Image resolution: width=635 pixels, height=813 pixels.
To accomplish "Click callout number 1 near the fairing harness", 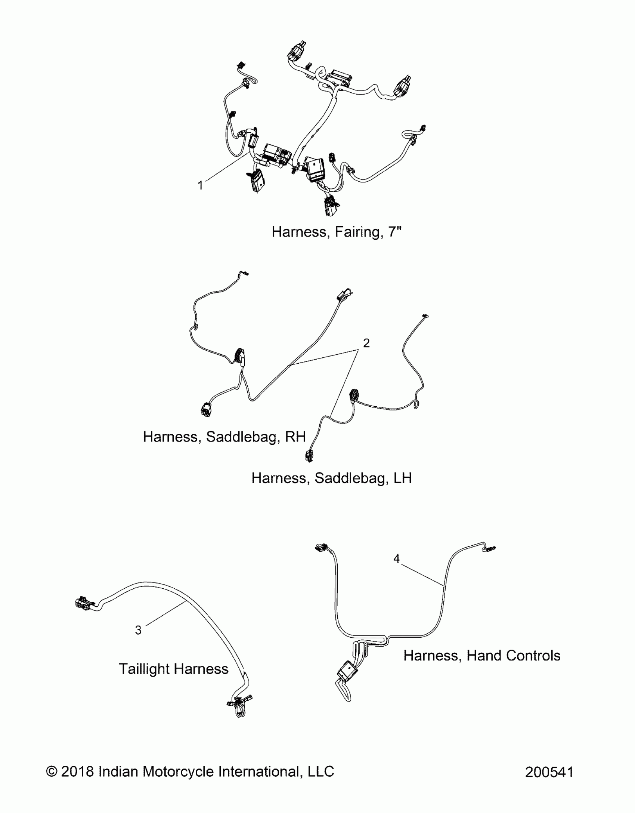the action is [201, 185].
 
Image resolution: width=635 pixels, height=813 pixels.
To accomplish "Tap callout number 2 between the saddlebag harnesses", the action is [366, 343].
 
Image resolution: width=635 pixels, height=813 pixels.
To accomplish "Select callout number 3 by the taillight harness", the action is [138, 630].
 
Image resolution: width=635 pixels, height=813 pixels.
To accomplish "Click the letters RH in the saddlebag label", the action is [295, 437].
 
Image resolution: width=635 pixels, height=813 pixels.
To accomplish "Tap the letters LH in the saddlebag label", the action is [402, 478].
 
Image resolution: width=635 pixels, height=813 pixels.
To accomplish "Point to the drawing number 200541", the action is [549, 772].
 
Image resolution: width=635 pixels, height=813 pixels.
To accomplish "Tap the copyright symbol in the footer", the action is [51, 772].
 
